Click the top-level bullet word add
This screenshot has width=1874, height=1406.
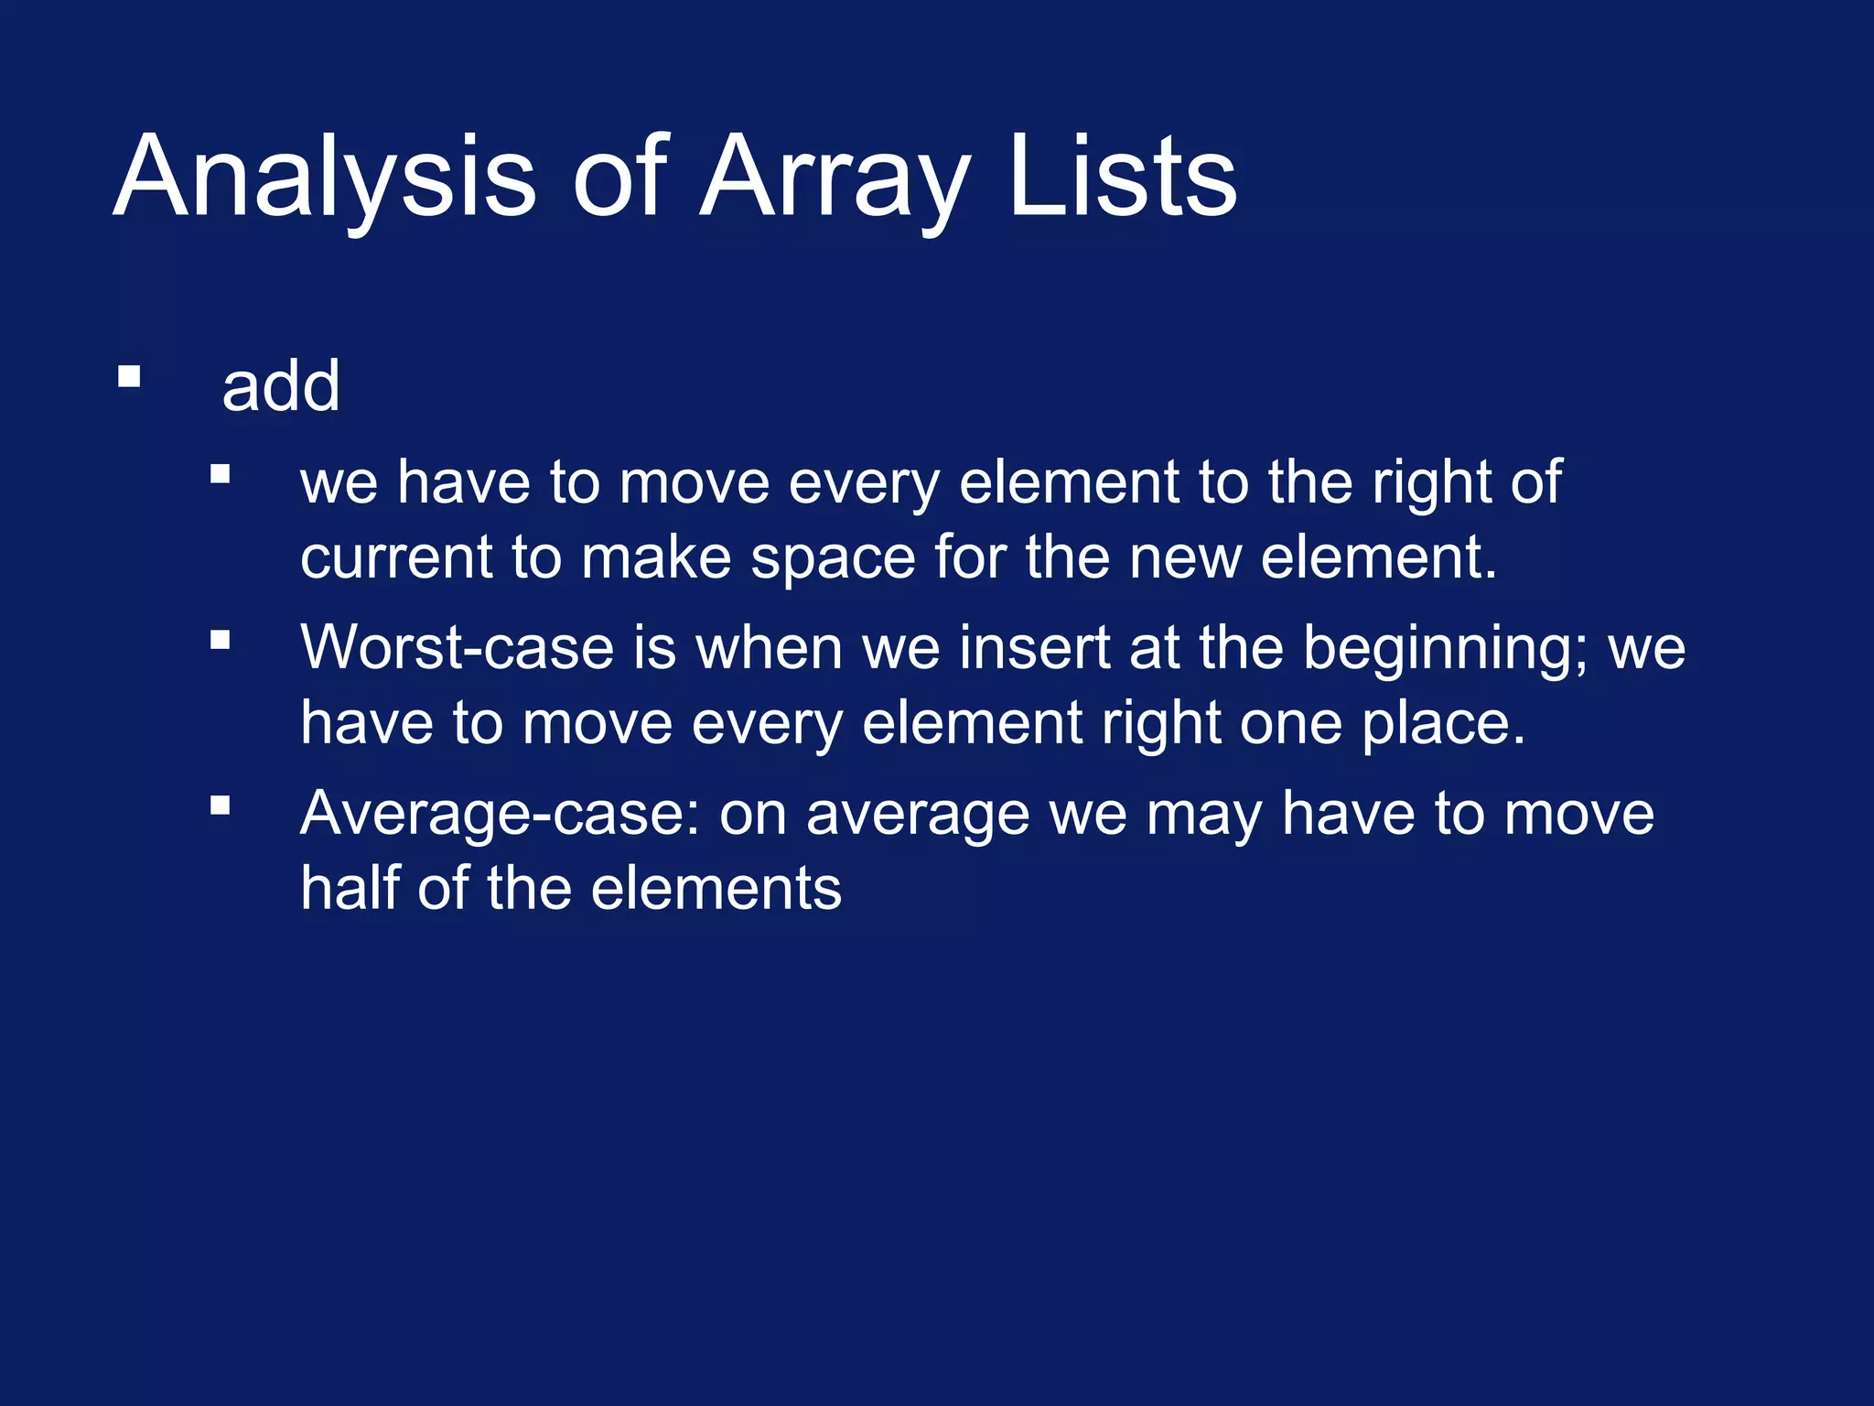click(x=281, y=387)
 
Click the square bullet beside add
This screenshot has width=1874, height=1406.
click(x=129, y=377)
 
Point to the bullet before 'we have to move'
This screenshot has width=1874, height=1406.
click(x=220, y=474)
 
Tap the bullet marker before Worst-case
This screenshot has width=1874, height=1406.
click(x=220, y=640)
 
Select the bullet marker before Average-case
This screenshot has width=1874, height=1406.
click(x=220, y=806)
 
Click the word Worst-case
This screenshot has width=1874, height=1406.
click(x=457, y=648)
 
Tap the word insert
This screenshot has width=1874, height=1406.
click(x=1034, y=648)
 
